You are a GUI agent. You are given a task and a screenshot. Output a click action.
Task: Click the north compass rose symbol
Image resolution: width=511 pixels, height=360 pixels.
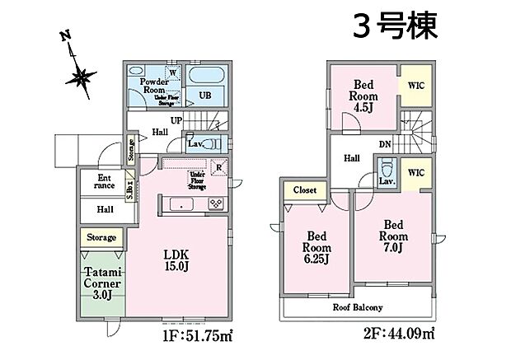[81, 77]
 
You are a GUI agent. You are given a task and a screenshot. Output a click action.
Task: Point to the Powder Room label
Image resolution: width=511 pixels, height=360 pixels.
[154, 87]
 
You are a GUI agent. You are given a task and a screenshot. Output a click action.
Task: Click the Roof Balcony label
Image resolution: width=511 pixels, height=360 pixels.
[358, 308]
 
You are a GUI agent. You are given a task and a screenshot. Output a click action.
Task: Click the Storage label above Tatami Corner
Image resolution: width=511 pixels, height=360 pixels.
[101, 238]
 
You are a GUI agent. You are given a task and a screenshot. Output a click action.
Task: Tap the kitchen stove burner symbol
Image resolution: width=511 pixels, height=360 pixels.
[217, 203]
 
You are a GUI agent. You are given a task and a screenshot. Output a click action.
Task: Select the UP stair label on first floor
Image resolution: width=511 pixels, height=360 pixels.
[177, 120]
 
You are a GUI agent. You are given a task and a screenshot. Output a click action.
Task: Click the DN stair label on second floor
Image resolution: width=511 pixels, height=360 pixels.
[384, 143]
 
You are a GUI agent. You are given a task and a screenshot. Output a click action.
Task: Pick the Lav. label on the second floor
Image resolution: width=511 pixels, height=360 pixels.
[384, 180]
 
